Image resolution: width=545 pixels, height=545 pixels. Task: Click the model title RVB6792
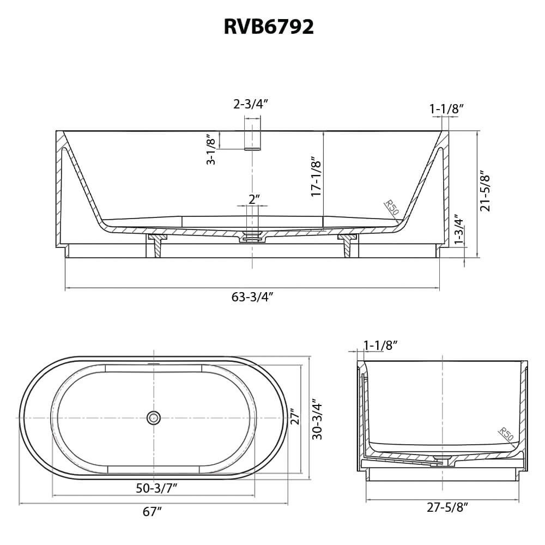269,27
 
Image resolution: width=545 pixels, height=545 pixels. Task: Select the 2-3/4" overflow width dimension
251,104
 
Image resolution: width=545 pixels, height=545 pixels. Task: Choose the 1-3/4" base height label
459,229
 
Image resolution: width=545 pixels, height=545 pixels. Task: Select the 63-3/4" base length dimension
252,297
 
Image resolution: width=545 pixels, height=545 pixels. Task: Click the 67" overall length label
153,512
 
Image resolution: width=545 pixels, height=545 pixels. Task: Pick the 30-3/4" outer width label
317,418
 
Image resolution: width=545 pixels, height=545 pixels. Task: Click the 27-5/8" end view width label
447,507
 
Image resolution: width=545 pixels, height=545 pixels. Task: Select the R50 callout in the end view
506,434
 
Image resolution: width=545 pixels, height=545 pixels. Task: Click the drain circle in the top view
154,418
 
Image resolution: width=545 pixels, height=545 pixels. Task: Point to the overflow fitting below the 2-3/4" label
252,137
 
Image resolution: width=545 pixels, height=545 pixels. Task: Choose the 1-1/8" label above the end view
380,345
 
